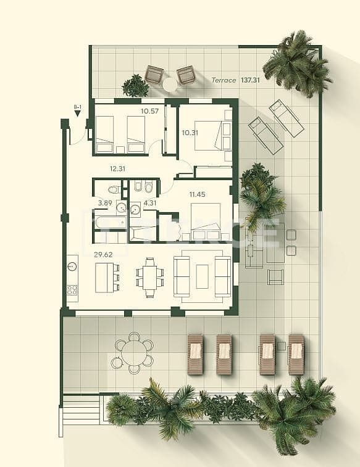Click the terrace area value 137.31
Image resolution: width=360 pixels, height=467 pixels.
pos(250,80)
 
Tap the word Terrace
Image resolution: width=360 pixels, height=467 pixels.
pos(224,80)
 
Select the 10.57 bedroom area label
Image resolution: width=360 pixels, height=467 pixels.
pos(149,112)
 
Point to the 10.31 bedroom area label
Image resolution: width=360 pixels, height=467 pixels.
pos(190,131)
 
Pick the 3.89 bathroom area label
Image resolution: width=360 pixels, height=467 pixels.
pos(104,202)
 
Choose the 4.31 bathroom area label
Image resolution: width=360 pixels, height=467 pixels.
pos(151,202)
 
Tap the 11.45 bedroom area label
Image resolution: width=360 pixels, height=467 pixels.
pos(197,195)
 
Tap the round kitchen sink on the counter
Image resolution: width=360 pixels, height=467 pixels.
pos(72,267)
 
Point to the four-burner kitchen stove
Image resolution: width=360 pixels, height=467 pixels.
pos(72,289)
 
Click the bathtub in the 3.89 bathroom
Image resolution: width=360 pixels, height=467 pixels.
pos(110,221)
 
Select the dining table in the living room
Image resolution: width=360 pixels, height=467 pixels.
pos(149,277)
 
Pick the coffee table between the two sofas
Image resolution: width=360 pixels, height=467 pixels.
pos(203,276)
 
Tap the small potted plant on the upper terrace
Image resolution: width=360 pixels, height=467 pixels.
pos(135,86)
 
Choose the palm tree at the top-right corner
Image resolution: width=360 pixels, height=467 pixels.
pos(296,64)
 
